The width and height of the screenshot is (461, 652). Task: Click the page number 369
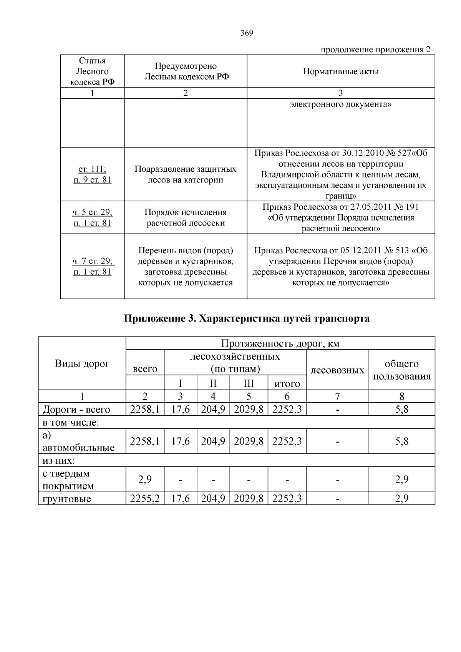coord(247,33)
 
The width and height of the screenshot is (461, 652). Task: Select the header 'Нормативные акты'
coord(341,71)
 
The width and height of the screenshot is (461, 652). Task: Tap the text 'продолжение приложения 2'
coord(375,50)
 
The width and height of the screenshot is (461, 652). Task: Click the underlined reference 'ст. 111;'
coord(92,169)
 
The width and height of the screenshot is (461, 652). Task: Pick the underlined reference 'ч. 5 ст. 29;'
coord(92,212)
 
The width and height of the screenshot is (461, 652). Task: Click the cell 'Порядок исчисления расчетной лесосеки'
coord(186,217)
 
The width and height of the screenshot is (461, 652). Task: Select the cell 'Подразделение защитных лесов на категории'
coord(186,174)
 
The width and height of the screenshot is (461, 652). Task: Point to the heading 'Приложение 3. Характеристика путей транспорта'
coord(246,319)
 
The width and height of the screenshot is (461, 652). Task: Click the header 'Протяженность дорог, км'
coord(280,343)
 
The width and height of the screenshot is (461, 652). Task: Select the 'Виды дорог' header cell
coord(82,363)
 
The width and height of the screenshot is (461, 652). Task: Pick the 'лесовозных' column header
coord(337,370)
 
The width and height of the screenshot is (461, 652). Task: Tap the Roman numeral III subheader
coord(249,383)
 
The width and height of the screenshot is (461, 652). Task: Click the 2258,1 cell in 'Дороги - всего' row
coord(145,410)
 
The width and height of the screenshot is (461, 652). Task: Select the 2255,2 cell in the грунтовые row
coord(145,499)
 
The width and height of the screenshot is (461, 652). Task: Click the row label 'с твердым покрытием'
coord(68,479)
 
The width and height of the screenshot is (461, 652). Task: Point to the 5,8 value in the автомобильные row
coord(401,441)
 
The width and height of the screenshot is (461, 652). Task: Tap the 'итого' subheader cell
coord(287,383)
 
